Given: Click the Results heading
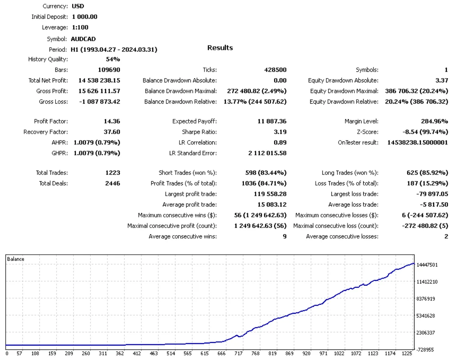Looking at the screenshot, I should pos(220,48).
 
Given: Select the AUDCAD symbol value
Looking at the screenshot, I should pos(83,39).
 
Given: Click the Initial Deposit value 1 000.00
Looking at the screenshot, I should pos(84,17).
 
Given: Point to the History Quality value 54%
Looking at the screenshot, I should pos(113,59).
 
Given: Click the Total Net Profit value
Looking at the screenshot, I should pos(99,80).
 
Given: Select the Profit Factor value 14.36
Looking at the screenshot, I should pos(112,121).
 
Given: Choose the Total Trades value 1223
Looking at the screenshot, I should pos(113,173).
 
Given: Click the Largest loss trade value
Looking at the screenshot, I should pos(432,194).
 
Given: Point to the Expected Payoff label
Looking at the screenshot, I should pos(194,121).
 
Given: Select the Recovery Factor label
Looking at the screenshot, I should pos(45,132).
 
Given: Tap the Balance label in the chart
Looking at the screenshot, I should pos(16,259).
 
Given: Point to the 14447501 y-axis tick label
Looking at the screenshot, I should pos(427,265).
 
